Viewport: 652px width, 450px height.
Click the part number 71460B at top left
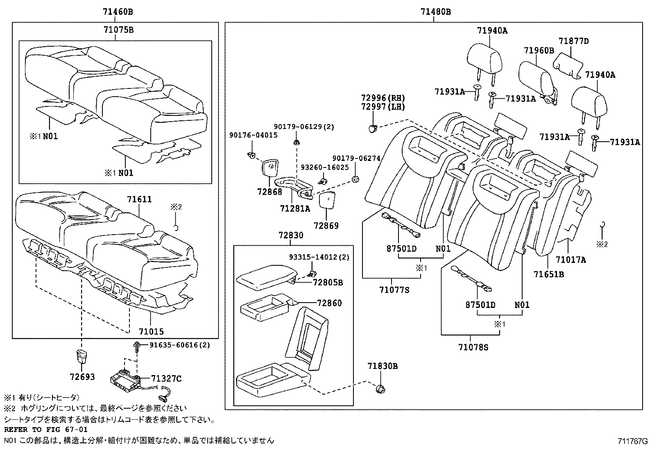point(115,12)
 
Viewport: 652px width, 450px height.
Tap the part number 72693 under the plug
point(82,377)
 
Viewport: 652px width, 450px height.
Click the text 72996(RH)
point(383,98)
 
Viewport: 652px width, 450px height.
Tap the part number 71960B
point(539,51)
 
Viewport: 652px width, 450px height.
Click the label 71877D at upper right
point(573,41)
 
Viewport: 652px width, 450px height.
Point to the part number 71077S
point(394,290)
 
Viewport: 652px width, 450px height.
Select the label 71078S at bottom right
point(473,348)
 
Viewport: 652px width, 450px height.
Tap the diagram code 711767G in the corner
point(633,441)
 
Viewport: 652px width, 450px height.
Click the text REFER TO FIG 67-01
point(45,430)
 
